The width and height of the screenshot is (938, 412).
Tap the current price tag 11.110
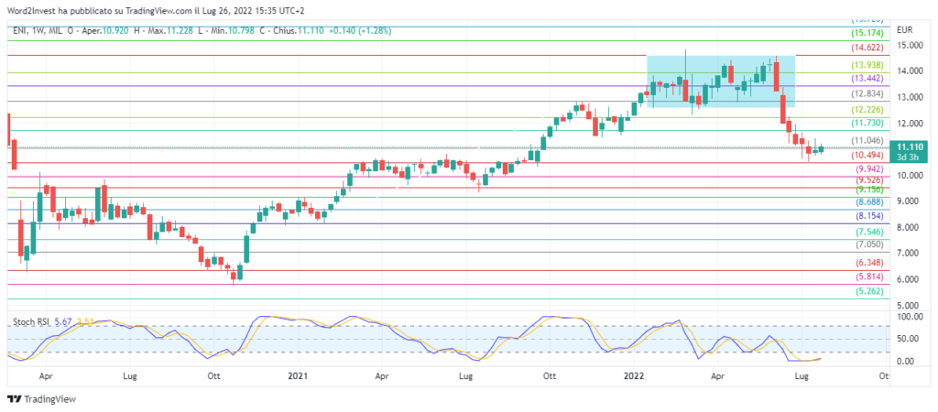(x=911, y=146)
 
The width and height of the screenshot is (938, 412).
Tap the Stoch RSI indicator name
(x=30, y=322)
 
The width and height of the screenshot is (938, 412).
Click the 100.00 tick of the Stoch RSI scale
(x=910, y=317)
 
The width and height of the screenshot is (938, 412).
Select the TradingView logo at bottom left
(x=41, y=399)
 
